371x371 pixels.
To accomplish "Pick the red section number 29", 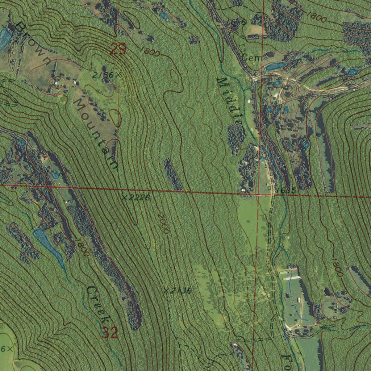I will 118,49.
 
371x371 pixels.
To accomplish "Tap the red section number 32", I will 109,332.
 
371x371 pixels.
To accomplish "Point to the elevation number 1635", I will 286,190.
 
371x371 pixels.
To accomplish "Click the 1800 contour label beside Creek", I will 82,248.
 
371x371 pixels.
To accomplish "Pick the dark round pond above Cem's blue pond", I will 270,55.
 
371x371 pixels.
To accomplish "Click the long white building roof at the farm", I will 292,278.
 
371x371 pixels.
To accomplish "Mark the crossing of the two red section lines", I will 257,195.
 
